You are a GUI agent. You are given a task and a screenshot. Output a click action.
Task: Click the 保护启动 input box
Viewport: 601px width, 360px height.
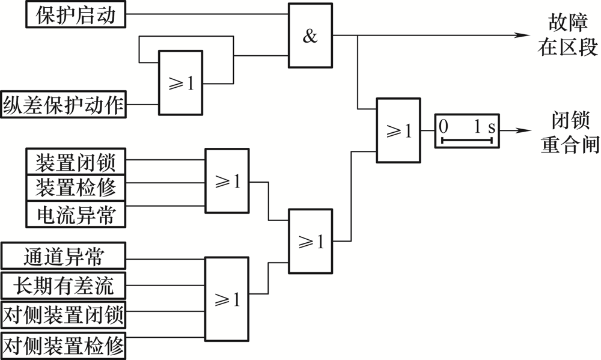(76, 14)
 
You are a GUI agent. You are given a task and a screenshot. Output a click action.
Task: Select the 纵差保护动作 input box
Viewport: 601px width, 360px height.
(64, 105)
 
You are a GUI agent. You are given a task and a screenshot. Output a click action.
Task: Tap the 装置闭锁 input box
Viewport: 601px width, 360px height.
(76, 162)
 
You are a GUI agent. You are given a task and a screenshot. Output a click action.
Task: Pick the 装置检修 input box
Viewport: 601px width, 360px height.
(76, 188)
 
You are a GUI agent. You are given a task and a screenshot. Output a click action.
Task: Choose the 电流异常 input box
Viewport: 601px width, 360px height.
(76, 214)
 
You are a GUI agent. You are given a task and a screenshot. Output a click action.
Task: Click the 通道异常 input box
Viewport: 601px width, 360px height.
(64, 255)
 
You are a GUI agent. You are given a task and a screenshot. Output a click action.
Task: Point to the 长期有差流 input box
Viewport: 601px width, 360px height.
(64, 285)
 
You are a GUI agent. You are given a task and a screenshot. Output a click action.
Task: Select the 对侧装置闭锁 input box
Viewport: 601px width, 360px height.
(64, 315)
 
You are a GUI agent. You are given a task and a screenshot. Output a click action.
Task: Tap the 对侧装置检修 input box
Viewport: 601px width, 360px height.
(64, 346)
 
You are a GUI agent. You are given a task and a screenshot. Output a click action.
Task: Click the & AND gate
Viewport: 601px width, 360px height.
(311, 35)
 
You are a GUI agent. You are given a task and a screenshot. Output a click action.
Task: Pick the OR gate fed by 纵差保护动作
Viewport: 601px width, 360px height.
(181, 83)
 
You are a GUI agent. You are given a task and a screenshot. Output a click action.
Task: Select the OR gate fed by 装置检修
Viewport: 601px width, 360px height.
(227, 180)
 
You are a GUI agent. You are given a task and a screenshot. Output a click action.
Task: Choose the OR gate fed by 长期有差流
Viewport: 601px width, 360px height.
(227, 299)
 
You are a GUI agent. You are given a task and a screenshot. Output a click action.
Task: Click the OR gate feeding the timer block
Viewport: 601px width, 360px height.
(398, 130)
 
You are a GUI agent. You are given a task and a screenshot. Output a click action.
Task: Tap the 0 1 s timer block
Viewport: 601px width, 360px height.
(467, 131)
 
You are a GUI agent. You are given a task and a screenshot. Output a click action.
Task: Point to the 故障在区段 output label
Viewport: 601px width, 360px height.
(568, 35)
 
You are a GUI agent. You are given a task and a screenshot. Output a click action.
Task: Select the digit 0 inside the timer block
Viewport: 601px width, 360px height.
(444, 126)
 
